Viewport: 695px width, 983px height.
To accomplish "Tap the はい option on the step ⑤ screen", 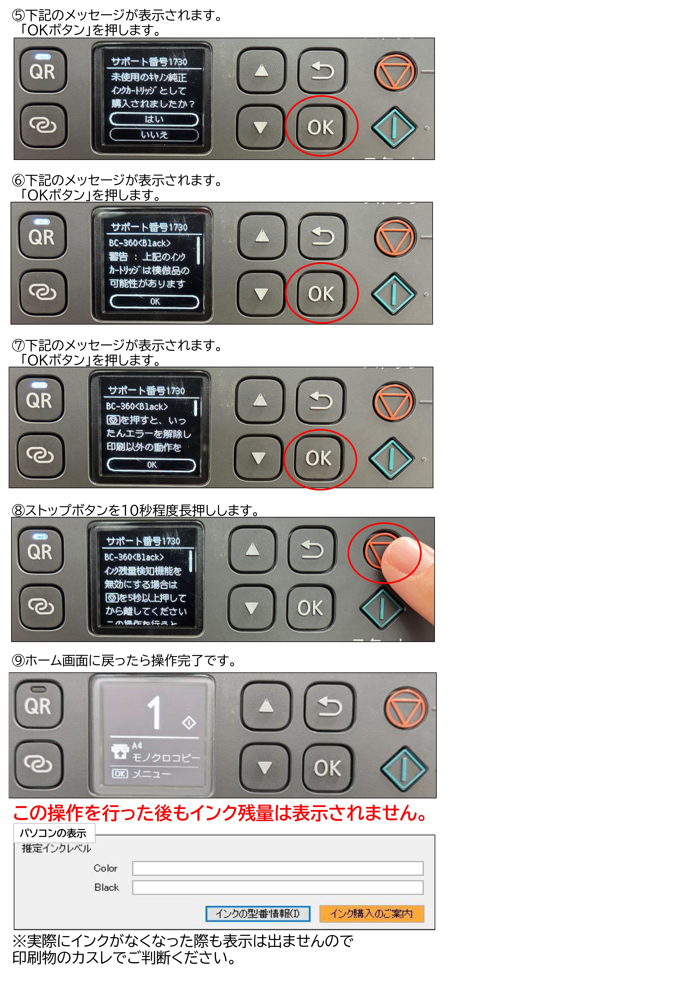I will (154, 120).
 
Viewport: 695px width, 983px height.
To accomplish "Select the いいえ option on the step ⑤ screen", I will (154, 135).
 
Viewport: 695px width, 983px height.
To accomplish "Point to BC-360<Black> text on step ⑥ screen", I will (140, 243).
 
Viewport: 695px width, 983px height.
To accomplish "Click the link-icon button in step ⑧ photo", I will (41, 606).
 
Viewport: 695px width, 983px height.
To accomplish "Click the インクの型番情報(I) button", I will (258, 914).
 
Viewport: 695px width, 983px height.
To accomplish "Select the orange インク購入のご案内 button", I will (371, 914).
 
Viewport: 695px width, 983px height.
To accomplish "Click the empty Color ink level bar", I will (277, 868).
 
